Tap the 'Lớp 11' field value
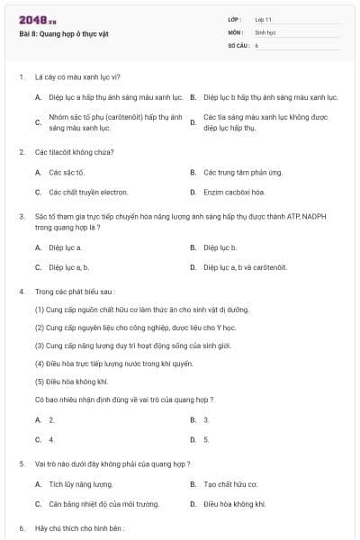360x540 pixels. tap(264, 19)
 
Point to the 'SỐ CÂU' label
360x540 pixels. tap(236, 44)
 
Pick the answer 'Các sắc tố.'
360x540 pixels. tap(67, 171)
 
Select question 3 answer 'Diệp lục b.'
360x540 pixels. tap(220, 247)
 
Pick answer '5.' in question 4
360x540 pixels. tap(207, 439)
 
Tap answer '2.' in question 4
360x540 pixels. tap(52, 419)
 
